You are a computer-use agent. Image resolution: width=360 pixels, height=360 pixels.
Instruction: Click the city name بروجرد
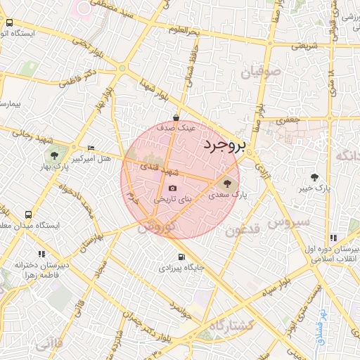coord(225,146)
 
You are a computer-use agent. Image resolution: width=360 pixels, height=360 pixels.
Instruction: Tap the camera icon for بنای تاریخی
coord(173,188)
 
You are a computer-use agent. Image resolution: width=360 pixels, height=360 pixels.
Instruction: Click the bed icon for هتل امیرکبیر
coord(91,148)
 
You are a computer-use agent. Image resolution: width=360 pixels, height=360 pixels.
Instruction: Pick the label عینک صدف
coord(176,129)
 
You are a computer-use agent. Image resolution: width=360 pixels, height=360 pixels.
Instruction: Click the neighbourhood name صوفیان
coord(261,72)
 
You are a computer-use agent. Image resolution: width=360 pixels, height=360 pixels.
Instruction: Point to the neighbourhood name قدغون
coord(245,229)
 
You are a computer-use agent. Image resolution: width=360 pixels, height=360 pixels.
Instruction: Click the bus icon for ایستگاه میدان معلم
coord(28,214)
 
